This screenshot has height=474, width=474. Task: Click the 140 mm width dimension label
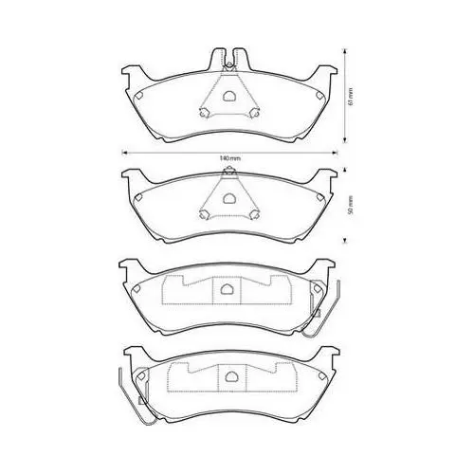click(229, 158)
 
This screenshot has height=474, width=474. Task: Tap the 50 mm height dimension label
click(350, 206)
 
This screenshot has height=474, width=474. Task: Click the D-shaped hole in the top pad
click(228, 96)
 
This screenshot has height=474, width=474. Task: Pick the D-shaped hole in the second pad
click(228, 198)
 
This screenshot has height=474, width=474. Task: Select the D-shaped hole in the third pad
click(226, 288)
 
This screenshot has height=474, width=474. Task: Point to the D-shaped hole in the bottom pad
click(231, 376)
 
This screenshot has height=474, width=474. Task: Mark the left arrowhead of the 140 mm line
click(124, 153)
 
